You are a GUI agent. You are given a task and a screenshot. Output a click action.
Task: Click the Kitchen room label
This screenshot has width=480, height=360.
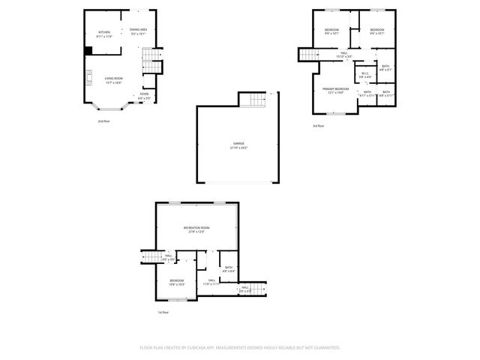click(x=104, y=33)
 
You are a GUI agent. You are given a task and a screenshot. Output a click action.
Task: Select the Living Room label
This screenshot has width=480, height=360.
click(x=113, y=79)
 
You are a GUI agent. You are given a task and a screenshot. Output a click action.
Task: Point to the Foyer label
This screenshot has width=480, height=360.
click(x=144, y=95)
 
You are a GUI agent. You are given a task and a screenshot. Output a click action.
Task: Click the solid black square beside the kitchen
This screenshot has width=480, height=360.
click(x=88, y=51)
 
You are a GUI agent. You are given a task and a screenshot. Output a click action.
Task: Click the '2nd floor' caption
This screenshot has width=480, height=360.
click(x=103, y=121)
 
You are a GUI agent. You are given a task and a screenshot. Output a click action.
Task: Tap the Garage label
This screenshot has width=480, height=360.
click(x=238, y=144)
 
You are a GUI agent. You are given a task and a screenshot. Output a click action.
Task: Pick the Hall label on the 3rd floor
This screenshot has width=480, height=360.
click(x=343, y=55)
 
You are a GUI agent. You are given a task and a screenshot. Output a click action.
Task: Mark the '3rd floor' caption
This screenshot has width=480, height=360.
click(x=319, y=126)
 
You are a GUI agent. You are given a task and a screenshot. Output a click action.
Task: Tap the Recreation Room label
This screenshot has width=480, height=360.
click(x=196, y=229)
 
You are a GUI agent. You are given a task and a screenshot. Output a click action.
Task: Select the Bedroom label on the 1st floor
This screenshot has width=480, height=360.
click(x=177, y=283)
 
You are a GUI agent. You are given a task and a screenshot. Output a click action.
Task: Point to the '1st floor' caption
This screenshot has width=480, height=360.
click(x=163, y=313)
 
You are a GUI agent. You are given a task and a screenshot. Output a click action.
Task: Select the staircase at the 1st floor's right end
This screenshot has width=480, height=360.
click(x=257, y=289)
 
